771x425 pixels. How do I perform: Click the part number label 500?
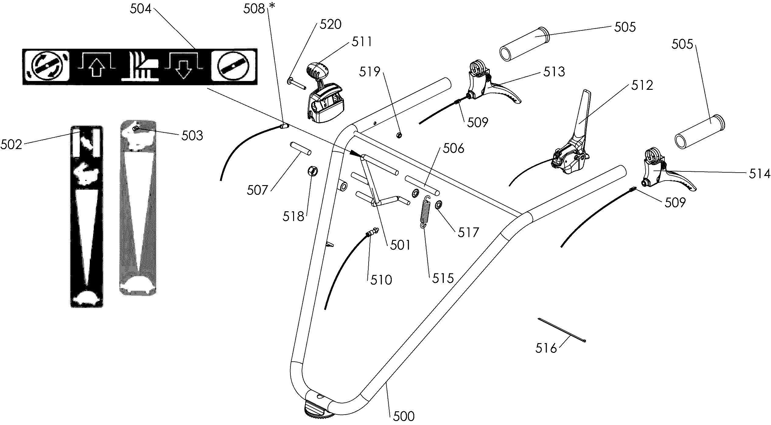[404, 416]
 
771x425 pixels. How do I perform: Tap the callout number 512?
[642, 86]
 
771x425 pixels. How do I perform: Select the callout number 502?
[11, 145]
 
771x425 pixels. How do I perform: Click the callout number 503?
[192, 136]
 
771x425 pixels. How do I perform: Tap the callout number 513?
[554, 72]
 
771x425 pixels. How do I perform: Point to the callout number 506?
[454, 149]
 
